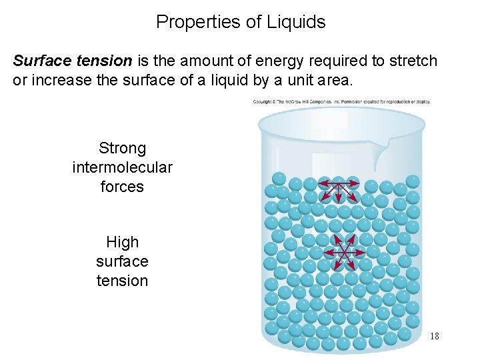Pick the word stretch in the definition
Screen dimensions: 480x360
414,61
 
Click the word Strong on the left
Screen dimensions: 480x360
122,148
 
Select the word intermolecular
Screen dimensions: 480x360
122,167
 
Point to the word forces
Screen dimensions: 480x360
122,187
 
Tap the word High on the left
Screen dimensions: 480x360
122,242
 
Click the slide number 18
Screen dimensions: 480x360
434,336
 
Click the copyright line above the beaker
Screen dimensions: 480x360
341,102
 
